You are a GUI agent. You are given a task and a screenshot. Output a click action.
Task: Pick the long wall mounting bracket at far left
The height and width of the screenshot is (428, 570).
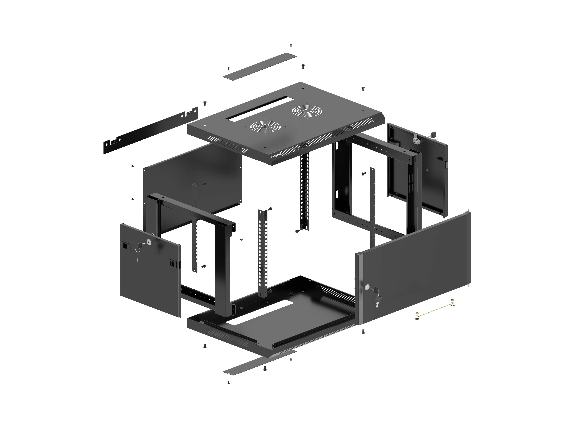151,130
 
